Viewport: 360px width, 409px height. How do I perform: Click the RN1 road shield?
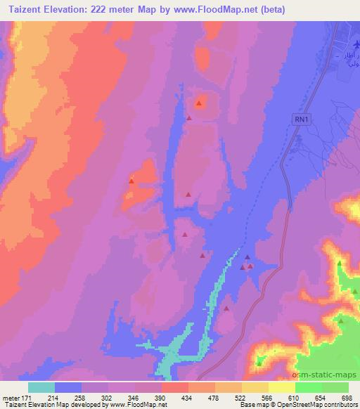[302, 120]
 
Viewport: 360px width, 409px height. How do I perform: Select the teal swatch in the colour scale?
[41, 387]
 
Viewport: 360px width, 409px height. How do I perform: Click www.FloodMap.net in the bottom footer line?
[134, 405]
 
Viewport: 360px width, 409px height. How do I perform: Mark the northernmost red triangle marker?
[200, 104]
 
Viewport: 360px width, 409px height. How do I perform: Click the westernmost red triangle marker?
[131, 181]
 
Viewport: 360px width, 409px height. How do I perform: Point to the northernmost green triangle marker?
[340, 264]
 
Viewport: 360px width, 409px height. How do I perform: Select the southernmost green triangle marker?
[259, 363]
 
